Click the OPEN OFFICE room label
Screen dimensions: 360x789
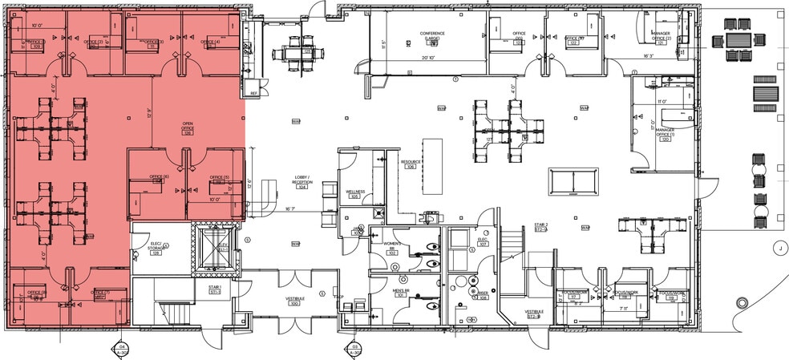coord(188,129)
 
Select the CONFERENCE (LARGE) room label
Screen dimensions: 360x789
coord(433,36)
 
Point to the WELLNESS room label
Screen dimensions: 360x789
coord(355,193)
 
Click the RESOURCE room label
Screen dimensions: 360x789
coord(411,164)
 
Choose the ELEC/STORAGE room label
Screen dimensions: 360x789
coord(156,248)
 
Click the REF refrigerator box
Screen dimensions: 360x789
coord(253,93)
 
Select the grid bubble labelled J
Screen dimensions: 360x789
coord(778,248)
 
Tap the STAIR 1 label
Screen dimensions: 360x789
coord(215,288)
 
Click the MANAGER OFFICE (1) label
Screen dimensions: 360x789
coord(666,131)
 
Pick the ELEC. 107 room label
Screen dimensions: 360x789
coord(484,241)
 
